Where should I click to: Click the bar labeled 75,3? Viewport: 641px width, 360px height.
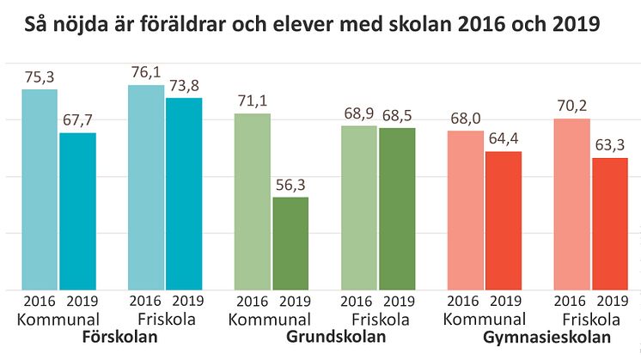click(40, 189)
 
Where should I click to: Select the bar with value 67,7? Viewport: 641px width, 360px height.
click(77, 211)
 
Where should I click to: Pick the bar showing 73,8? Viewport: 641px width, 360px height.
click(184, 193)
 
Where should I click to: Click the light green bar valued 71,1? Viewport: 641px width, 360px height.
click(253, 201)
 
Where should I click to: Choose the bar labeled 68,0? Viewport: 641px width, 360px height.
click(466, 210)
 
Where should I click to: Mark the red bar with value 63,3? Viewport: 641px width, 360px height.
click(610, 223)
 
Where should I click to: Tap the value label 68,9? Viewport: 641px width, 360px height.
click(359, 114)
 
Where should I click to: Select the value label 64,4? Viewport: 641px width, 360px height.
click(504, 139)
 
